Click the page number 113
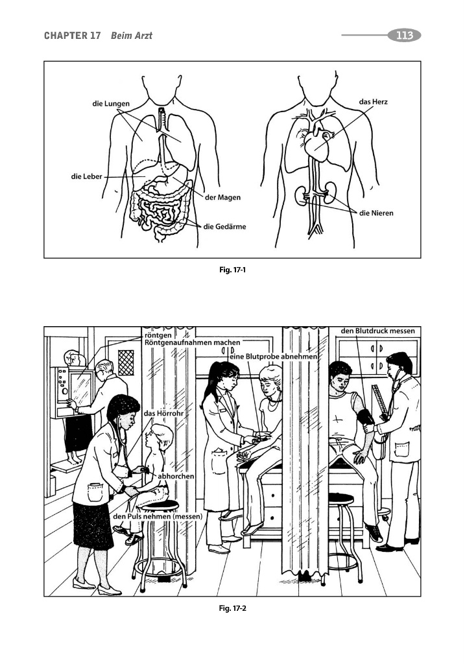(x=405, y=36)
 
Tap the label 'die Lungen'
(x=111, y=104)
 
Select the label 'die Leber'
(x=87, y=176)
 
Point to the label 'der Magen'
(x=222, y=197)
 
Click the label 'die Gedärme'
(x=224, y=226)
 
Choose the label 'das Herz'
(x=373, y=102)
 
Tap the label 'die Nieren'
(x=376, y=213)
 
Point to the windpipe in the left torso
(x=161, y=120)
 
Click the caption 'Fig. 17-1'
(x=232, y=269)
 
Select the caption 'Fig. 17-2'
(x=232, y=608)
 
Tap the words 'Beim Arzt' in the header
(x=131, y=36)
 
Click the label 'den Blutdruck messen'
(x=377, y=331)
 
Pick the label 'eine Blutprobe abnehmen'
(x=274, y=357)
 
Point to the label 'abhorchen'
(x=176, y=476)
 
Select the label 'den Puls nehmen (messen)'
(x=158, y=517)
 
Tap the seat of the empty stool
(x=341, y=497)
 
